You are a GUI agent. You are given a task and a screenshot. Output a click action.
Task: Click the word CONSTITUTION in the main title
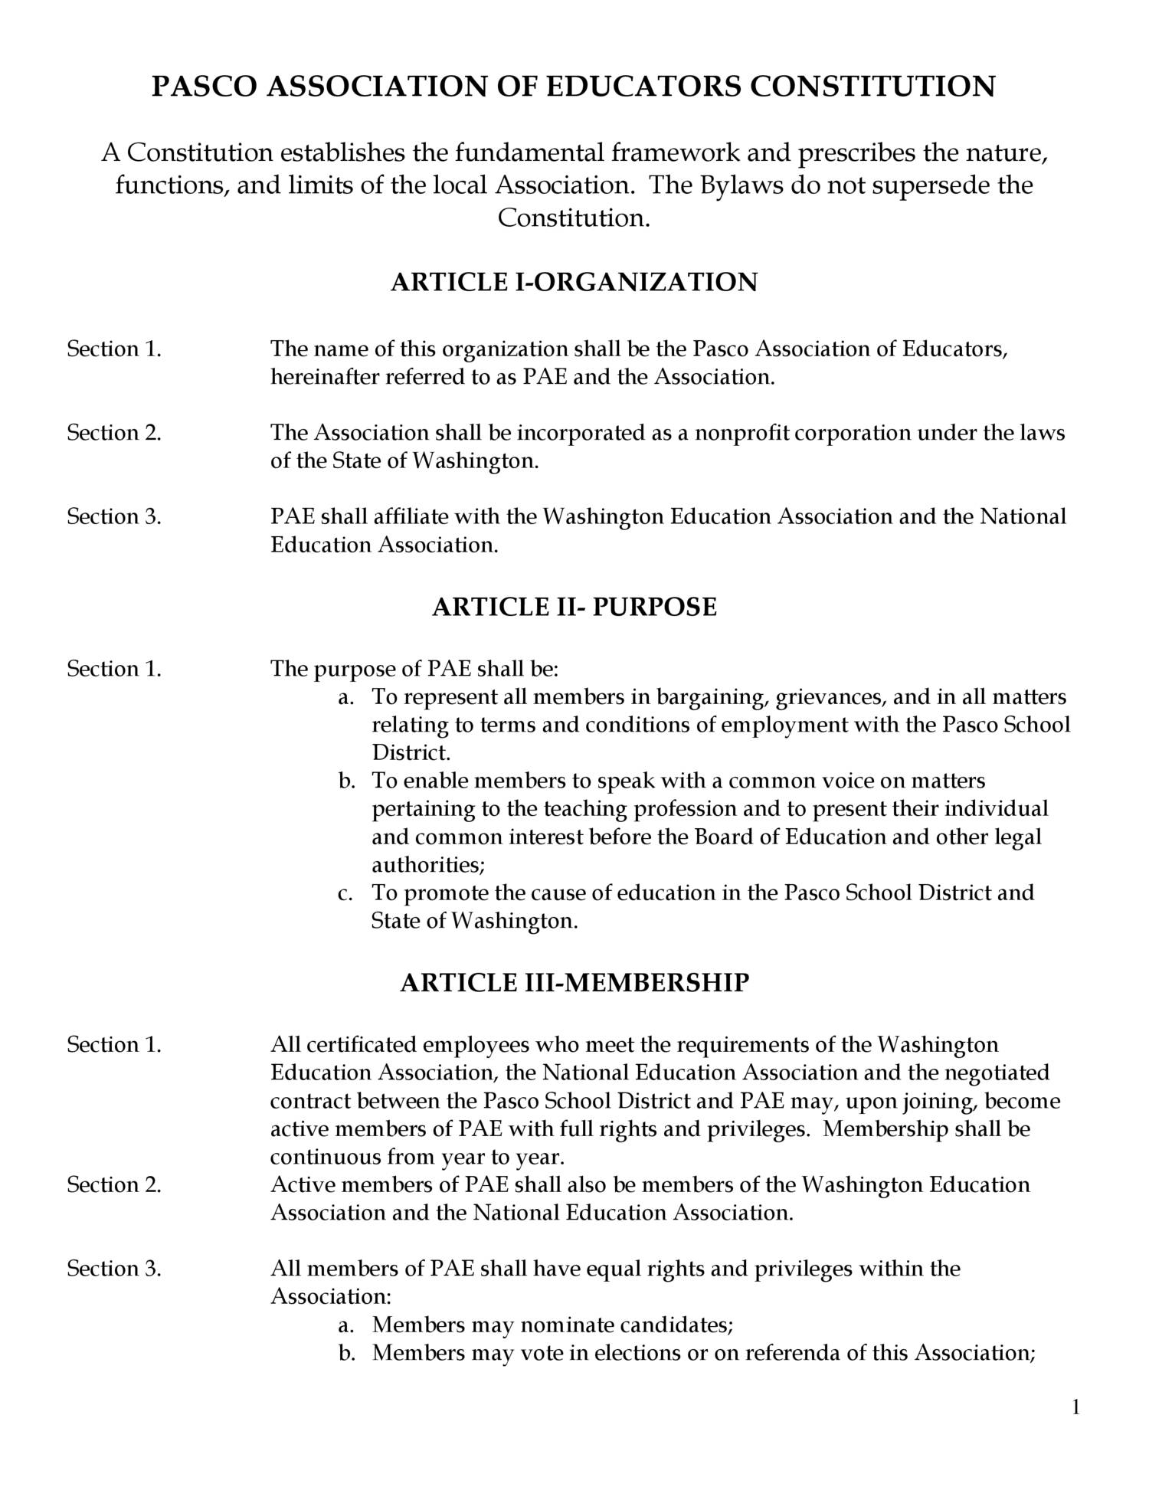pyautogui.click(x=872, y=87)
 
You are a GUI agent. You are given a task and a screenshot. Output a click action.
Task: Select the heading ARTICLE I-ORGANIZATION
pyautogui.click(x=574, y=283)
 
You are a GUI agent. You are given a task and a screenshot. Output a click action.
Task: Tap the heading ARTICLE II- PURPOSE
pyautogui.click(x=574, y=607)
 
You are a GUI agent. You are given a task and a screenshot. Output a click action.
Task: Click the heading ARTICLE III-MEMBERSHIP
pyautogui.click(x=574, y=983)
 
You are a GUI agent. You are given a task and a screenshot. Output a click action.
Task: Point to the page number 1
pyautogui.click(x=1075, y=1407)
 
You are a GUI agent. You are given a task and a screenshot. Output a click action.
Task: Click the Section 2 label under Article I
pyautogui.click(x=114, y=433)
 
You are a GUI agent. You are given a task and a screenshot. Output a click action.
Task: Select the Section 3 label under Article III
pyautogui.click(x=114, y=1269)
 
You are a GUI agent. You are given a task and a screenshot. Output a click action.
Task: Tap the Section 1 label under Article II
pyautogui.click(x=114, y=669)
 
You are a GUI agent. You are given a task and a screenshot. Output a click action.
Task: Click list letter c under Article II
pyautogui.click(x=345, y=893)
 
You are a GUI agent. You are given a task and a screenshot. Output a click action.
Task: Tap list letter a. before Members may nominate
pyautogui.click(x=345, y=1325)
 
